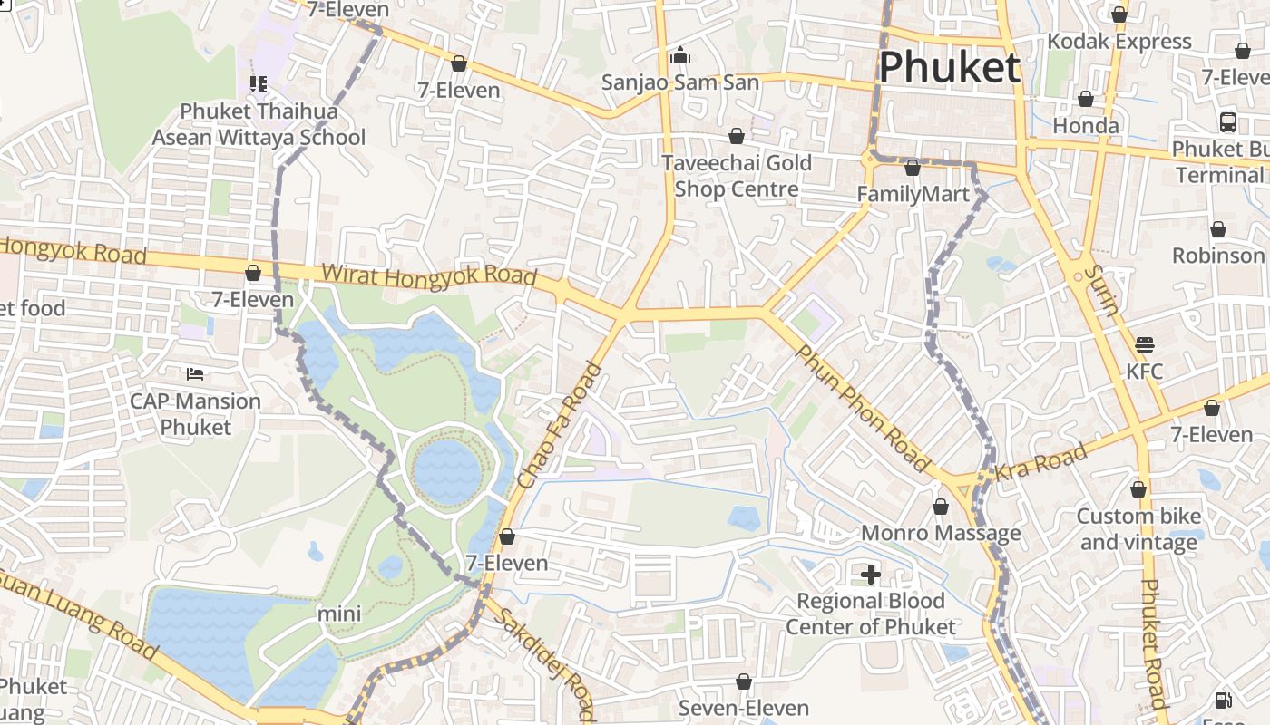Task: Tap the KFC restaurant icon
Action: (x=1145, y=345)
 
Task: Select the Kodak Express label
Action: (x=1119, y=42)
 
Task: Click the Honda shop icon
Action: (x=1085, y=99)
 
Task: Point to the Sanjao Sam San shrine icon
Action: (x=680, y=56)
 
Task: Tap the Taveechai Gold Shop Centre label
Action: (x=736, y=176)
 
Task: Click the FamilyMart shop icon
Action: (x=913, y=168)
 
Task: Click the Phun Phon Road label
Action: (x=863, y=408)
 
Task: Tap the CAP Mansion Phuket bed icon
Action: (x=194, y=373)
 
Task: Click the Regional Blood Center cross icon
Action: (x=870, y=574)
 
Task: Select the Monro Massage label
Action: (x=940, y=533)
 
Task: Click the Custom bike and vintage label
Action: (x=1138, y=529)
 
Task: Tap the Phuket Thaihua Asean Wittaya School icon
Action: (x=258, y=84)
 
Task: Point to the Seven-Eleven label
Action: (x=743, y=708)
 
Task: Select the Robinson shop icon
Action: (x=1217, y=229)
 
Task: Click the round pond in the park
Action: (x=447, y=471)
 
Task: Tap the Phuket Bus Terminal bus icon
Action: (x=1228, y=121)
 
